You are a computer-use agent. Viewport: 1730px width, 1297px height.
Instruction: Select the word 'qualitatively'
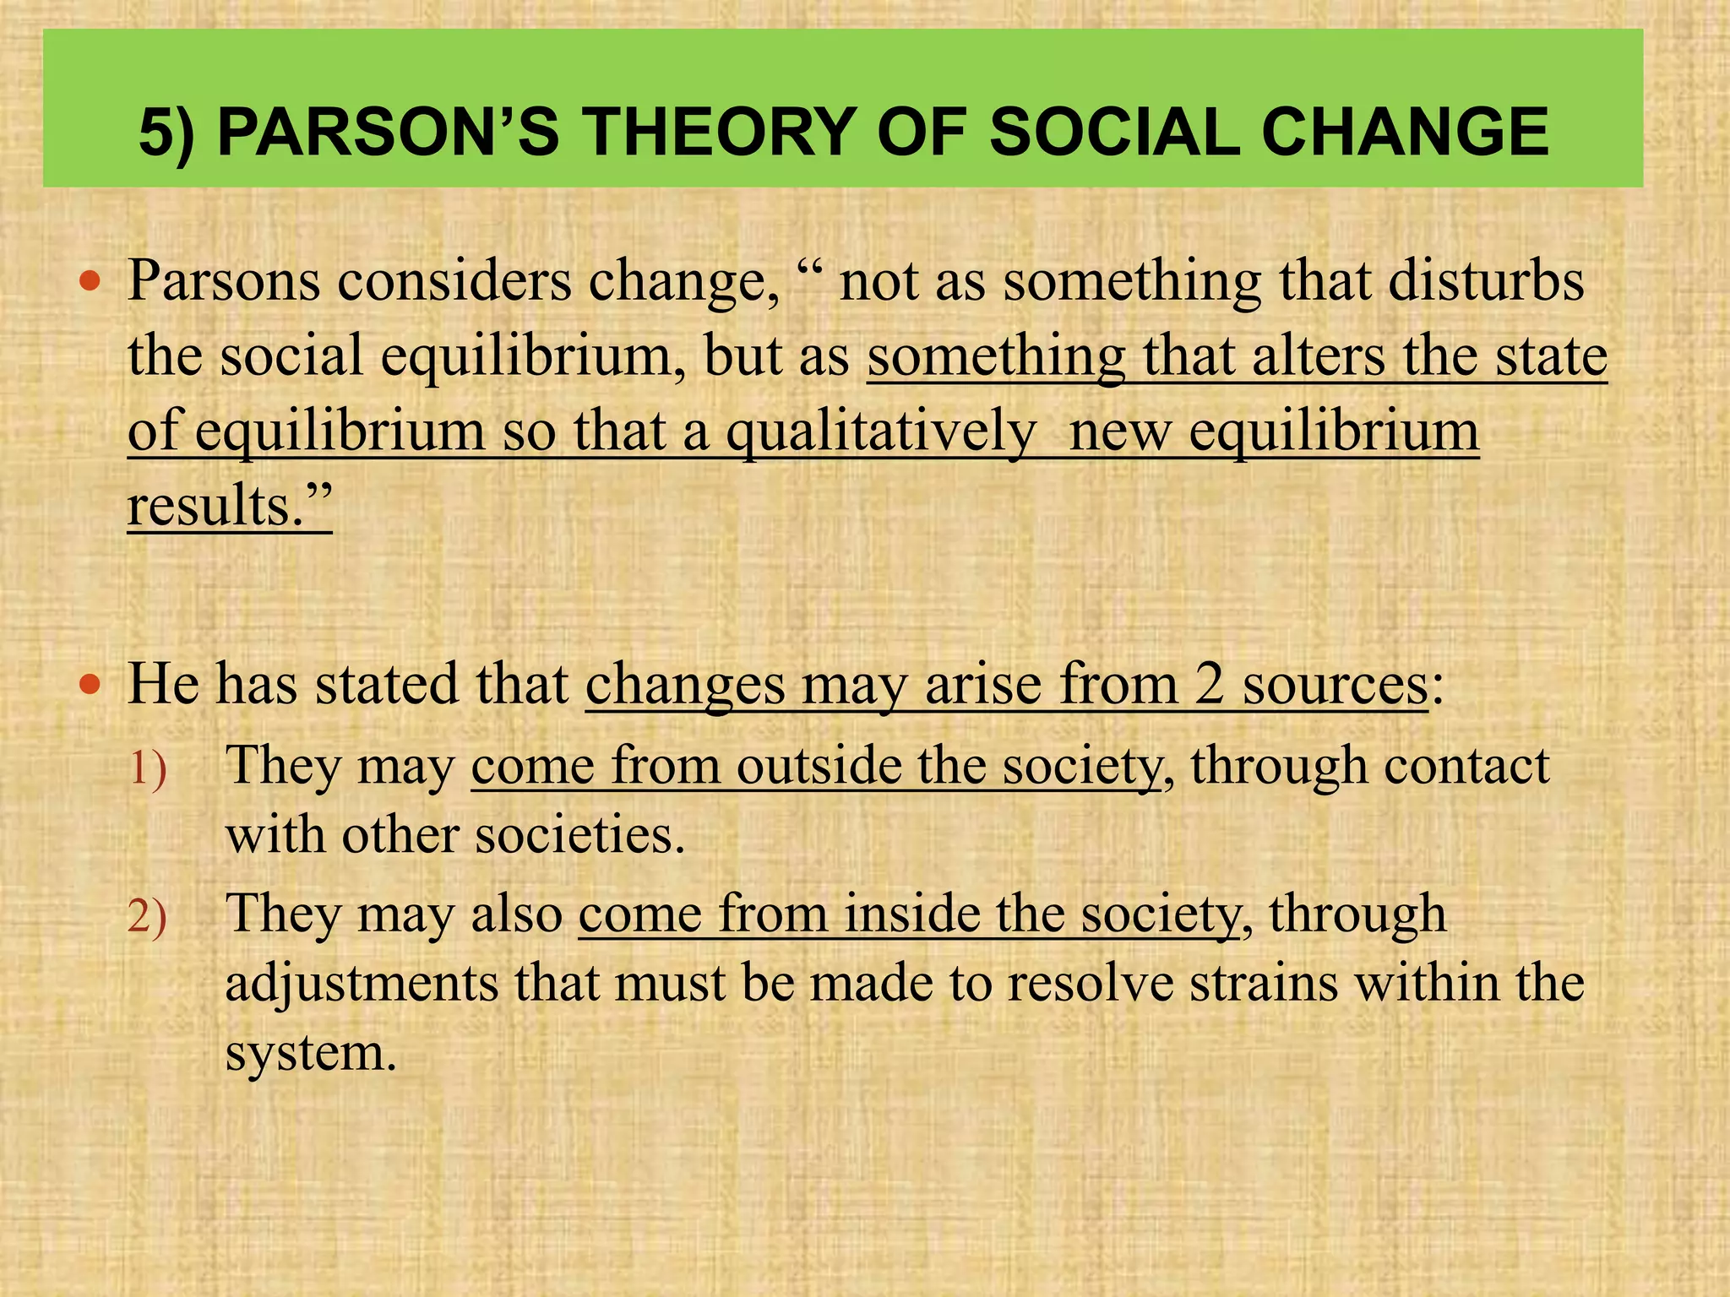tap(880, 432)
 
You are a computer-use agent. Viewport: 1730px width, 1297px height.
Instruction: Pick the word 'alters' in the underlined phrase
tap(1319, 355)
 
